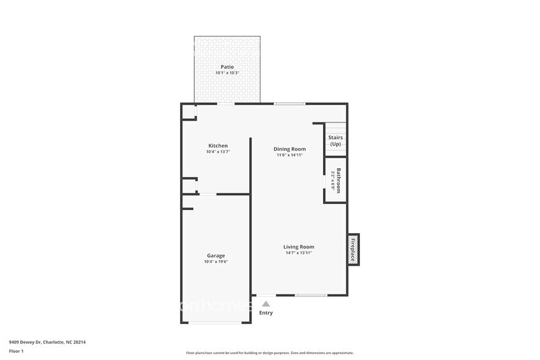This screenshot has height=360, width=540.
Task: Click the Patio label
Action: [227, 67]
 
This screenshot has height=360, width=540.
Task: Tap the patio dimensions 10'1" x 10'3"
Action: [227, 73]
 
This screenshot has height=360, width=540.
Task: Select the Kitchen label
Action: [217, 146]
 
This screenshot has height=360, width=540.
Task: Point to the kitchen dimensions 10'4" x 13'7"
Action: [217, 152]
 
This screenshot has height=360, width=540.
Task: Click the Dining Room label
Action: [289, 149]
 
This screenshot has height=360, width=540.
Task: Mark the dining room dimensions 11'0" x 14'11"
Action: [289, 155]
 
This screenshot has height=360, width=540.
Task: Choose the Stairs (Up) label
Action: [336, 141]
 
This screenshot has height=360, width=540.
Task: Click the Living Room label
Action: [298, 247]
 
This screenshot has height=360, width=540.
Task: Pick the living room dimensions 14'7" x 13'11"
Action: [298, 253]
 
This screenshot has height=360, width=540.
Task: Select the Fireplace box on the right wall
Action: [353, 249]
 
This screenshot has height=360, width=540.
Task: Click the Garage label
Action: [216, 255]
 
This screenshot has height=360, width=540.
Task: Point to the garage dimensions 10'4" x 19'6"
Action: [216, 261]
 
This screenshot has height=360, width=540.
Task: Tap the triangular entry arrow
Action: [266, 303]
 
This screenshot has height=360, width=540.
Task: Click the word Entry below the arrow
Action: [266, 313]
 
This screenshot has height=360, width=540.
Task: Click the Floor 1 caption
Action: [16, 351]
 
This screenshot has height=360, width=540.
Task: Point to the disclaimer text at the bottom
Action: [269, 353]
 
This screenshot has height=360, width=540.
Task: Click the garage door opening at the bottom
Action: [215, 322]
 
